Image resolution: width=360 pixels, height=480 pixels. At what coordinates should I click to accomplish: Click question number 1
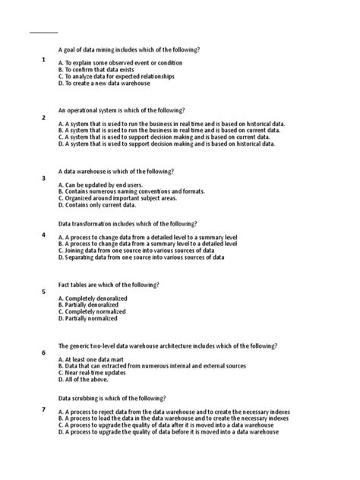click(44, 58)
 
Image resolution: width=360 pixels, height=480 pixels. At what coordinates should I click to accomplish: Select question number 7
click(44, 409)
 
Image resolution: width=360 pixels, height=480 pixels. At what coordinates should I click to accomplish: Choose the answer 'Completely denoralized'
click(93, 298)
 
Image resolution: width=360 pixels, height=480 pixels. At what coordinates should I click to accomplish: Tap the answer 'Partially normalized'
click(87, 318)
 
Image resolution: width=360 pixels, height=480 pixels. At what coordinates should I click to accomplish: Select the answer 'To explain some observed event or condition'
click(120, 63)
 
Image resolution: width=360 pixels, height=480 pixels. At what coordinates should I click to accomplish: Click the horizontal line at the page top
click(43, 33)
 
